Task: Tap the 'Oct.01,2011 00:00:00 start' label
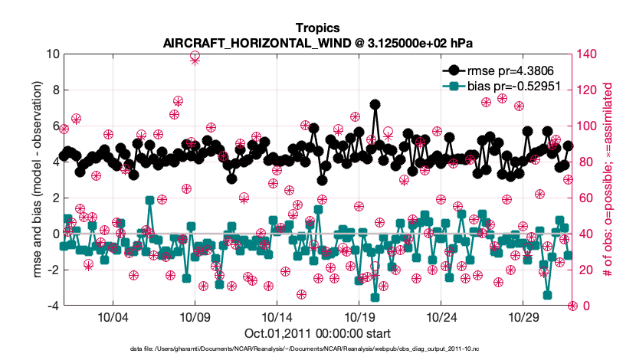[x=317, y=334]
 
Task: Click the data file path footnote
[x=317, y=349]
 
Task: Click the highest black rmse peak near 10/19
[x=375, y=104]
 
